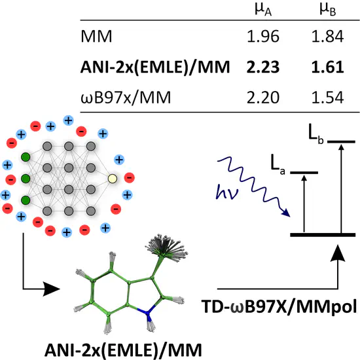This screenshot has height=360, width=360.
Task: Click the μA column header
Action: pyautogui.click(x=263, y=10)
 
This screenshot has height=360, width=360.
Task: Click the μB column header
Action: pyautogui.click(x=328, y=10)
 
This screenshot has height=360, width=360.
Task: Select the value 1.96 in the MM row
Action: pyautogui.click(x=263, y=36)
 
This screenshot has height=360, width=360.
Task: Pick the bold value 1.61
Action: pyautogui.click(x=328, y=67)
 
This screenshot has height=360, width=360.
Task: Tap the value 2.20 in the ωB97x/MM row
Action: pyautogui.click(x=263, y=98)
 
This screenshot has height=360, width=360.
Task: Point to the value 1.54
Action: pyautogui.click(x=328, y=98)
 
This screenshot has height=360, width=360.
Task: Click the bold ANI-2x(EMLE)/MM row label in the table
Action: pyautogui.click(x=155, y=67)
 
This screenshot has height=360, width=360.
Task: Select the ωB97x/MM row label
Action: pyautogui.click(x=126, y=98)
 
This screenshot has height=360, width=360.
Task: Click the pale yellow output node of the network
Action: pyautogui.click(x=113, y=179)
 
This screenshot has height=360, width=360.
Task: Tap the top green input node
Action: pyautogui.click(x=26, y=157)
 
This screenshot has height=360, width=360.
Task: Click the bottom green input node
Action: pyautogui.click(x=26, y=200)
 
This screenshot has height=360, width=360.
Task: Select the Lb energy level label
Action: pyautogui.click(x=316, y=135)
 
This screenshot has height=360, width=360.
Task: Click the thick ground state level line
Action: pyautogui.click(x=323, y=234)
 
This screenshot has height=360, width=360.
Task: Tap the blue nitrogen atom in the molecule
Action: pyautogui.click(x=147, y=312)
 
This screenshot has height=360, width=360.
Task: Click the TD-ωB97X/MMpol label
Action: pyautogui.click(x=279, y=306)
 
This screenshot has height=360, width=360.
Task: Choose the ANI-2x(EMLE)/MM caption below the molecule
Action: pyautogui.click(x=123, y=350)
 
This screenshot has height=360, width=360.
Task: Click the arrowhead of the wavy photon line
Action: pyautogui.click(x=286, y=213)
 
